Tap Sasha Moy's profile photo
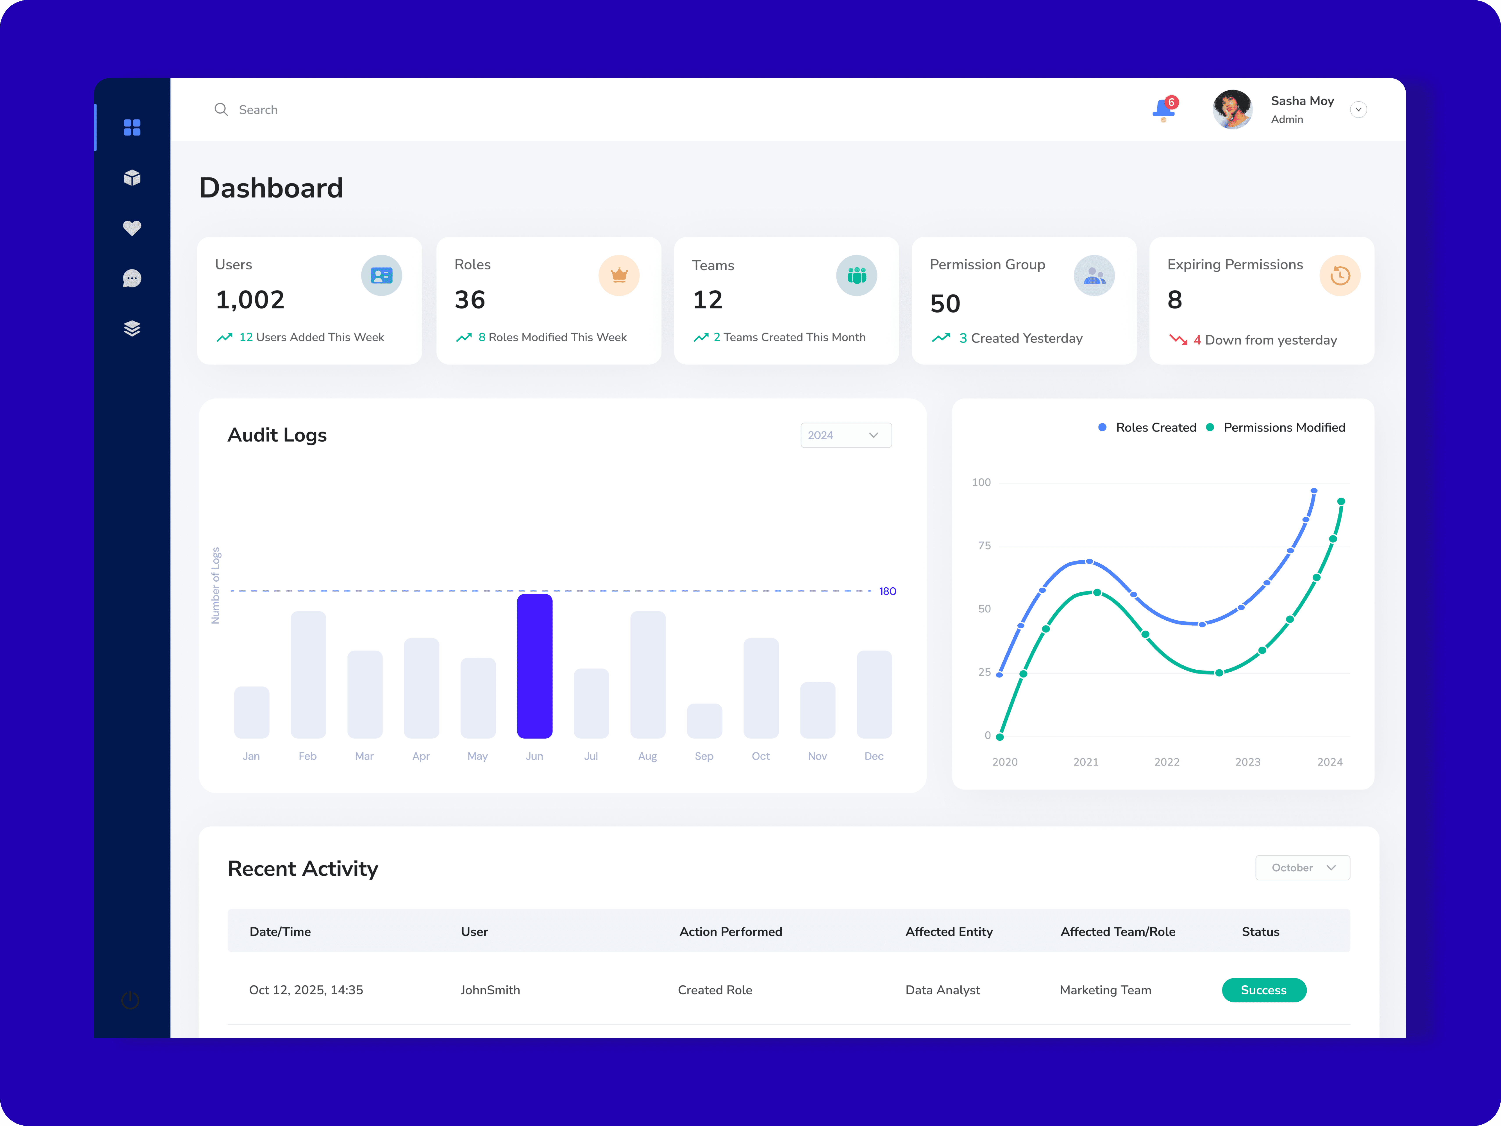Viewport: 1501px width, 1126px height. pos(1232,109)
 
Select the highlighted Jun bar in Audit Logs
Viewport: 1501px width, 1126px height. pos(535,666)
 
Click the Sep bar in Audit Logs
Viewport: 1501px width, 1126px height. pos(704,721)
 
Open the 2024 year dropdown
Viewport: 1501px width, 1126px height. pos(845,435)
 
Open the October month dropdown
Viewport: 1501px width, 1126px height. pos(1302,867)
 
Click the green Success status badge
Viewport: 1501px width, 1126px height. pos(1263,990)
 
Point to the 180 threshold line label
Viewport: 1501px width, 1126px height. pos(888,591)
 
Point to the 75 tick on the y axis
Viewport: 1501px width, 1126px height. pos(984,546)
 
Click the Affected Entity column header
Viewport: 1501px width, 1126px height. pos(949,931)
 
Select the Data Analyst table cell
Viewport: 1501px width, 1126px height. pos(943,990)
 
